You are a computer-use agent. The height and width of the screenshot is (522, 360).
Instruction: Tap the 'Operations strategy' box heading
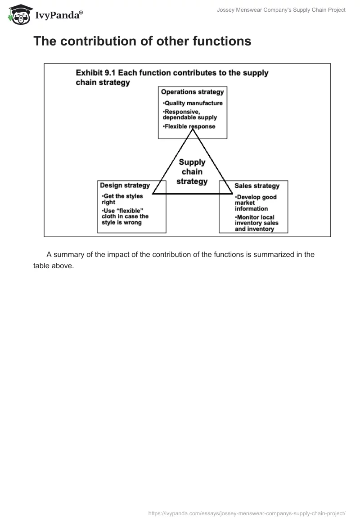pyautogui.click(x=192, y=92)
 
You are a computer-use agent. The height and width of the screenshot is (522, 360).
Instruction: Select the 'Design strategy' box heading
pyautogui.click(x=125, y=185)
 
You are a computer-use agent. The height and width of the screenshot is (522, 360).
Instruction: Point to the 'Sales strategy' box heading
pyautogui.click(x=257, y=185)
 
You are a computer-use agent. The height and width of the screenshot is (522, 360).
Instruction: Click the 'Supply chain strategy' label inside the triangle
pyautogui.click(x=192, y=172)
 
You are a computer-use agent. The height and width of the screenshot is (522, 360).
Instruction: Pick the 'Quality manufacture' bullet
pyautogui.click(x=193, y=103)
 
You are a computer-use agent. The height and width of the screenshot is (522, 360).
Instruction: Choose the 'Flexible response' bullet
pyautogui.click(x=189, y=126)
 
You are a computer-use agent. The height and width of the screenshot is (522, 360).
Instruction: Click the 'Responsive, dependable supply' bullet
pyautogui.click(x=190, y=114)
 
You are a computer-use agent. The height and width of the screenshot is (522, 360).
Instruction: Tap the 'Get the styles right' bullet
pyautogui.click(x=122, y=199)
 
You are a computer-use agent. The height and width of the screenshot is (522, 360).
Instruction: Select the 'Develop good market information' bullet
pyautogui.click(x=256, y=202)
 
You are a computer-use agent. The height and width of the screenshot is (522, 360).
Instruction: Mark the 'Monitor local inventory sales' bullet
pyautogui.click(x=256, y=223)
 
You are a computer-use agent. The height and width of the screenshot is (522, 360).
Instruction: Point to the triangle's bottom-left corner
pyautogui.click(x=153, y=194)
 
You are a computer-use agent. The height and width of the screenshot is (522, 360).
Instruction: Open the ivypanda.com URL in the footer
pyautogui.click(x=247, y=513)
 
